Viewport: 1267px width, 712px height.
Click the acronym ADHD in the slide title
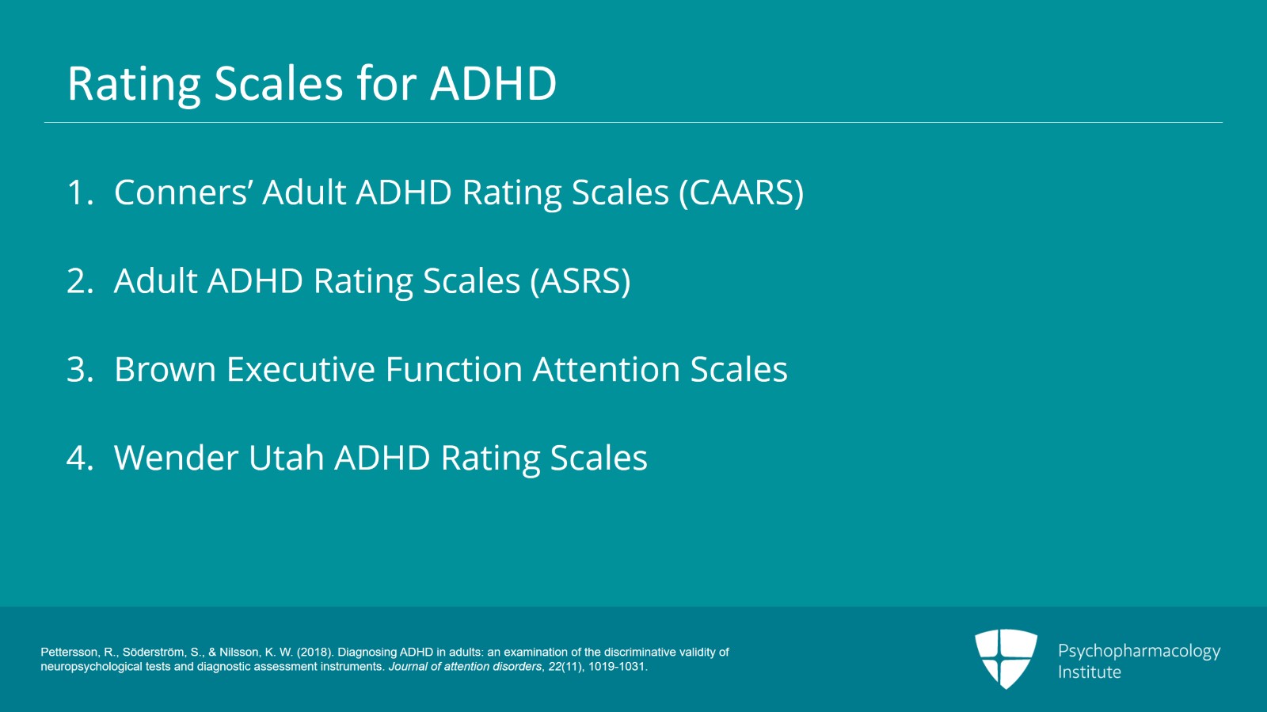click(x=493, y=84)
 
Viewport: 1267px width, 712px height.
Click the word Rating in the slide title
click(x=135, y=85)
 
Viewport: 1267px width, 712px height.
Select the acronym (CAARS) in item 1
click(x=741, y=192)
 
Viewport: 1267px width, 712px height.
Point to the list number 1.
click(x=80, y=192)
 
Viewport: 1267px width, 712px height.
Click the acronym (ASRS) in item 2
click(x=580, y=281)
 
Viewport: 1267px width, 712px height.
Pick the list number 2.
click(x=80, y=281)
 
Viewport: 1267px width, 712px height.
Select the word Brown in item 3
click(x=166, y=369)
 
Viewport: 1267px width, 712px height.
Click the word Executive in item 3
click(x=300, y=369)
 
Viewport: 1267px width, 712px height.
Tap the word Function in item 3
click(x=454, y=369)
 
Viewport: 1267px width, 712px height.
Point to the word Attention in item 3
click(x=606, y=369)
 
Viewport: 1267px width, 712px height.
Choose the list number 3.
click(x=80, y=369)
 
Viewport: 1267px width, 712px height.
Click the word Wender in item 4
click(x=175, y=458)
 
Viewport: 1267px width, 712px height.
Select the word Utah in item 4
click(x=286, y=458)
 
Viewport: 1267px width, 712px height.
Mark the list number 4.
click(x=80, y=458)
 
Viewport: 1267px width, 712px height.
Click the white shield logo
click(x=1006, y=659)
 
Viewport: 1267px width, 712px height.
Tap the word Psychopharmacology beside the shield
click(x=1140, y=652)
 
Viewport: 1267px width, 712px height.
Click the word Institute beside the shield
click(x=1090, y=672)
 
